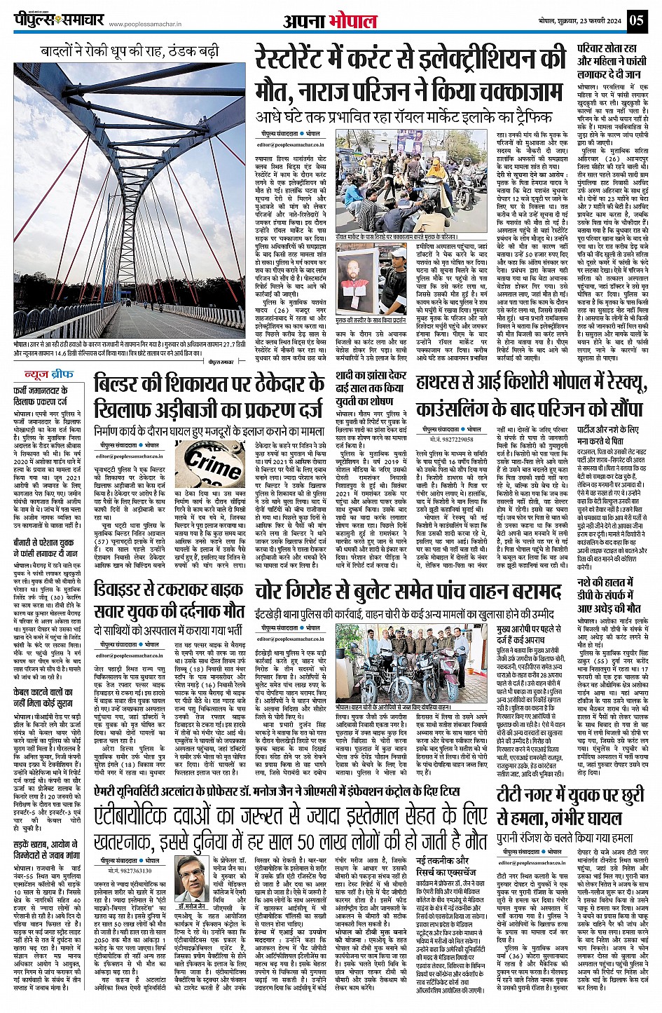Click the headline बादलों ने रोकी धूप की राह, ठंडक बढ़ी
click(x=130, y=52)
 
